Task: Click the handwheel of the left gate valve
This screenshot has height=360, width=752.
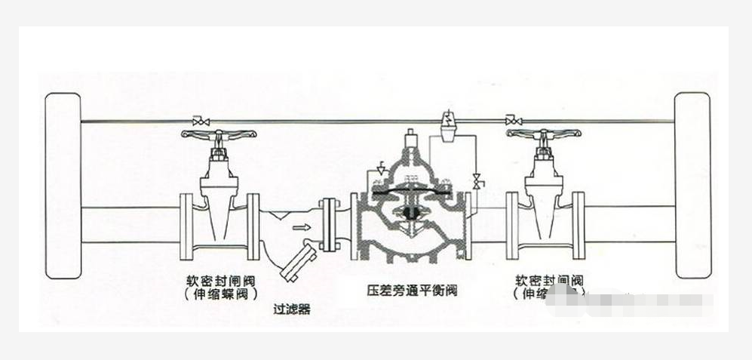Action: coord(219,135)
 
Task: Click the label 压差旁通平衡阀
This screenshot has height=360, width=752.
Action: coord(413,290)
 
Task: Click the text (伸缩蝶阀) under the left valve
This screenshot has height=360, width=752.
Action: coord(220,294)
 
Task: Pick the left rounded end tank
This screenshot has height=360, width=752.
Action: coord(63,185)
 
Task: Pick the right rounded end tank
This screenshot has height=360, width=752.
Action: coord(692,185)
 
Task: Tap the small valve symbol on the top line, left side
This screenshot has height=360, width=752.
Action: coord(201,121)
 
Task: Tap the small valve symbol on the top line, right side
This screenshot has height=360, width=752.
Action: coord(514,121)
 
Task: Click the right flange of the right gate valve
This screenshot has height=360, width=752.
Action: coord(578,226)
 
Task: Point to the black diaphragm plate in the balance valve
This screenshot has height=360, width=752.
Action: coord(412,192)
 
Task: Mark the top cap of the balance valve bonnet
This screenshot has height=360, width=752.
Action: coord(412,139)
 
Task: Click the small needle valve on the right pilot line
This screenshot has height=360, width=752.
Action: coord(476,182)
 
